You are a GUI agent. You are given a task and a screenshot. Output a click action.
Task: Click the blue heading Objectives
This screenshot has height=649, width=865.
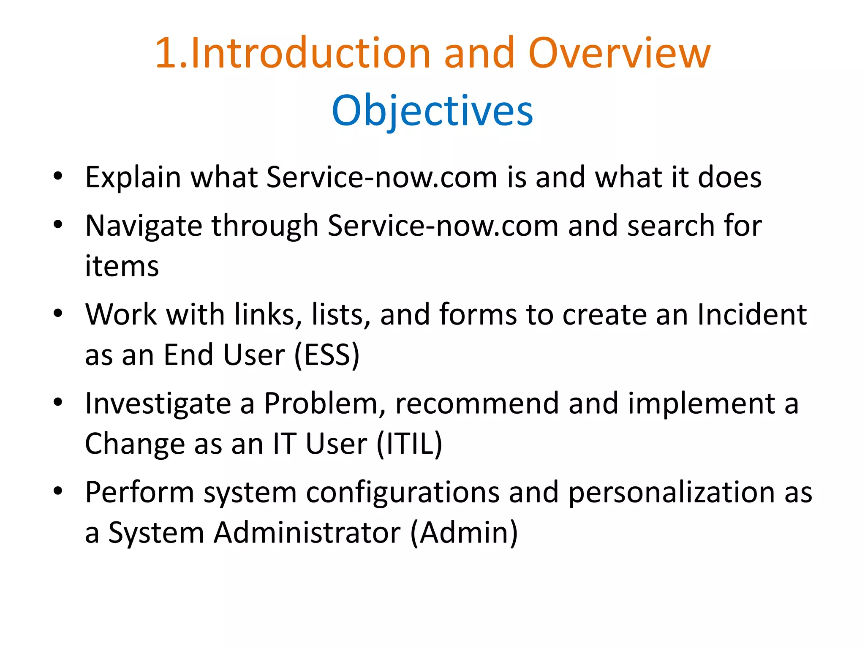432,111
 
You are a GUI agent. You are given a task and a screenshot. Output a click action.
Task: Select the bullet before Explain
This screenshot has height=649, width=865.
58,176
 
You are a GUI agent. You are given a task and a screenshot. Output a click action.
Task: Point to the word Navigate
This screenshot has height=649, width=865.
143,226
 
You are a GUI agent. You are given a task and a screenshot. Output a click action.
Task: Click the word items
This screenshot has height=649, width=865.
122,266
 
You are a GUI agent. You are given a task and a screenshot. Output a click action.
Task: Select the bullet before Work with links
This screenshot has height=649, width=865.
58,314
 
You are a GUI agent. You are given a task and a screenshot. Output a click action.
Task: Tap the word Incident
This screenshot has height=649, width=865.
752,315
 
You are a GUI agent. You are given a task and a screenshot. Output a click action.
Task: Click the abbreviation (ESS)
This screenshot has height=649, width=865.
326,355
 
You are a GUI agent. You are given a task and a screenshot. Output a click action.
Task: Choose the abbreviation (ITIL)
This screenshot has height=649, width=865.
409,444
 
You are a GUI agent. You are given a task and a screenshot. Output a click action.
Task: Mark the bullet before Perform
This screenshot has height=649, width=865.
58,491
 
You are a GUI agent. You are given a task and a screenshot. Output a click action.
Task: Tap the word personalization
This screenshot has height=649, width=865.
671,493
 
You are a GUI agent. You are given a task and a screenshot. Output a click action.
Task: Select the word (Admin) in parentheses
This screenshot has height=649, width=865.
464,532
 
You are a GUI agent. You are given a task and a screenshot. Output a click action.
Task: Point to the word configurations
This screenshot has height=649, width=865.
403,493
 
